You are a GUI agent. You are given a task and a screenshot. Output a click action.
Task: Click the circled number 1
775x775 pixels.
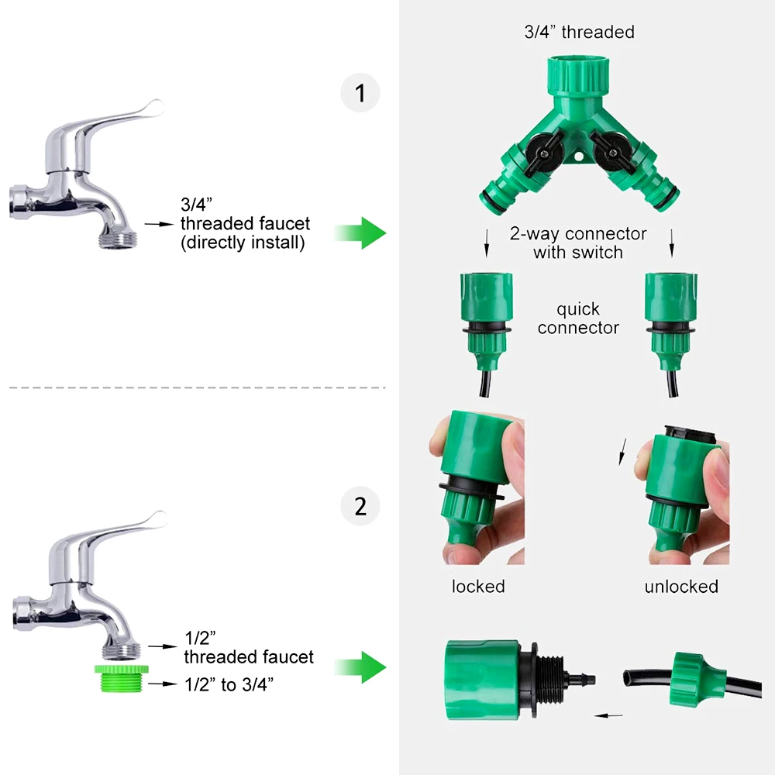[360, 93]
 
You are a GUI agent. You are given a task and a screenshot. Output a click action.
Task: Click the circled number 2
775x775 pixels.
[360, 506]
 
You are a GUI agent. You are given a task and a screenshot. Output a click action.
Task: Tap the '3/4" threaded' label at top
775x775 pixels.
[579, 32]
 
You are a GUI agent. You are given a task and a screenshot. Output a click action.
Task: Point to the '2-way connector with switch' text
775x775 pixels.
[578, 243]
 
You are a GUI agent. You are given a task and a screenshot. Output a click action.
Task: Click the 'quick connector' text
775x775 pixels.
[578, 319]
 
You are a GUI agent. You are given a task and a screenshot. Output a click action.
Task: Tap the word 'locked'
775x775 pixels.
[478, 587]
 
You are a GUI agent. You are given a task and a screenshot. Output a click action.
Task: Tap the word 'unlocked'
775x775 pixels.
[681, 587]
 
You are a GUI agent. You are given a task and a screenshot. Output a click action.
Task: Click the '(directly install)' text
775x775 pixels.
[243, 243]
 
